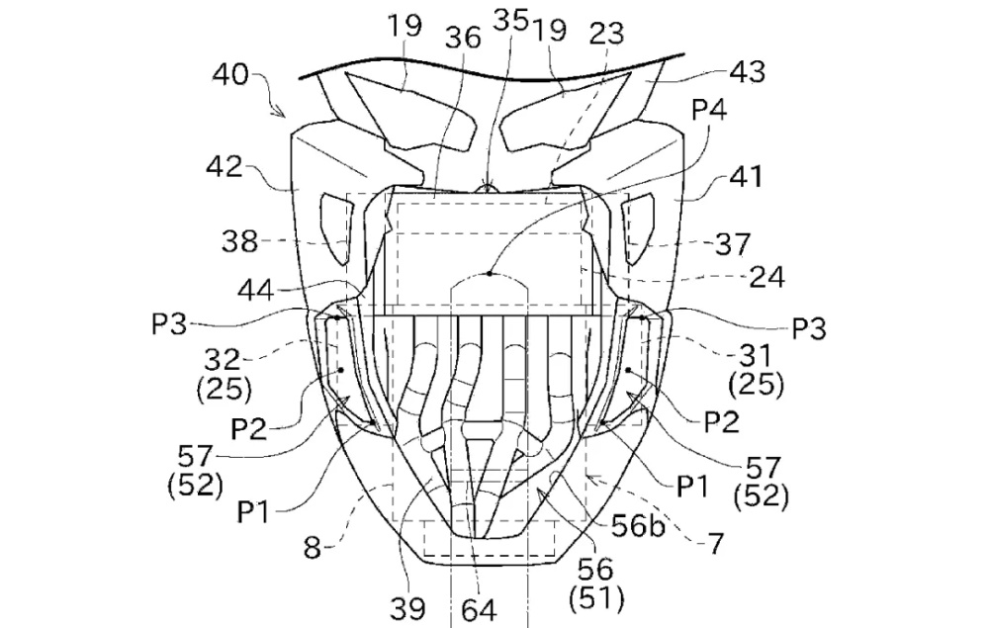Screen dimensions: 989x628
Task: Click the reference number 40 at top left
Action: [x=230, y=75]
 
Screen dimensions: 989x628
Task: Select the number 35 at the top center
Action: [x=511, y=20]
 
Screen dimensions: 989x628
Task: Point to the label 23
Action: [x=606, y=34]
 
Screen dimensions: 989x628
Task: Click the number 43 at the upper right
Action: [x=748, y=72]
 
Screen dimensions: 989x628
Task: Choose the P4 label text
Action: [x=709, y=111]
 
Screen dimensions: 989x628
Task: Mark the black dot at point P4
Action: [x=490, y=273]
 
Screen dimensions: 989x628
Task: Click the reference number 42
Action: [x=224, y=167]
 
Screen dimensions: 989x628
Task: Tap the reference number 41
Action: [x=746, y=177]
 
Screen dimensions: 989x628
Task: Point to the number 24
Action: [x=767, y=277]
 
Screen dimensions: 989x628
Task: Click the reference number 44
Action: [x=256, y=291]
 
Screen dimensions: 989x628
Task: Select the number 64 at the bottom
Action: [x=478, y=609]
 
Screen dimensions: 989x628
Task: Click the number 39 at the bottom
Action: [x=407, y=608]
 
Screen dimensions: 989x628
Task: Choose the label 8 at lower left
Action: [x=313, y=548]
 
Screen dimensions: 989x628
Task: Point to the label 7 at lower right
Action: [x=715, y=543]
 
